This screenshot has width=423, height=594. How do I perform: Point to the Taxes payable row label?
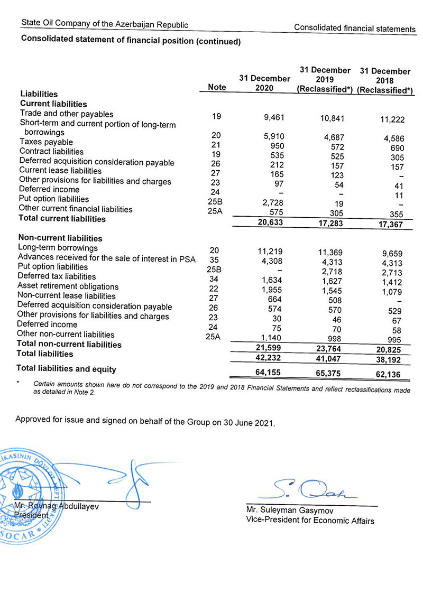pos(46,142)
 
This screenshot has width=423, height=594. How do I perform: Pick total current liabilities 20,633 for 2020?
pos(269,223)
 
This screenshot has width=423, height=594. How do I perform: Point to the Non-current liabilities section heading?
pos(60,238)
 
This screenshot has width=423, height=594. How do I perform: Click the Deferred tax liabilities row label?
pos(57,276)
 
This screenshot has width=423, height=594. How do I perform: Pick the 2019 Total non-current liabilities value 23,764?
pos(330,349)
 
